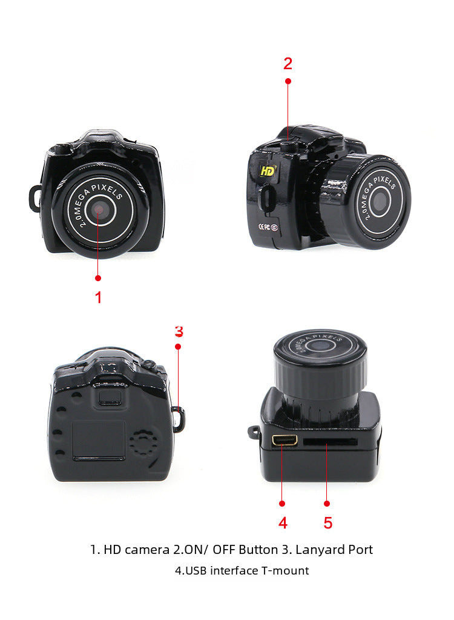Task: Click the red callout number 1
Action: point(98,298)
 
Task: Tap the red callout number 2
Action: point(288,64)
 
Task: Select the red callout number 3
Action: point(179,332)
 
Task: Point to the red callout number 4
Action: point(283,523)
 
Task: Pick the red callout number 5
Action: point(327,523)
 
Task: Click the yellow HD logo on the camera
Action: point(268,171)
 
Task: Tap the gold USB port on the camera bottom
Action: point(284,439)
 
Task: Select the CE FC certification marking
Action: point(268,227)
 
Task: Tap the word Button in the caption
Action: point(258,550)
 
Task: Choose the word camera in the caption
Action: point(147,550)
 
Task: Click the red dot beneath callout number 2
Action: point(288,81)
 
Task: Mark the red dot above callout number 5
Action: point(327,504)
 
